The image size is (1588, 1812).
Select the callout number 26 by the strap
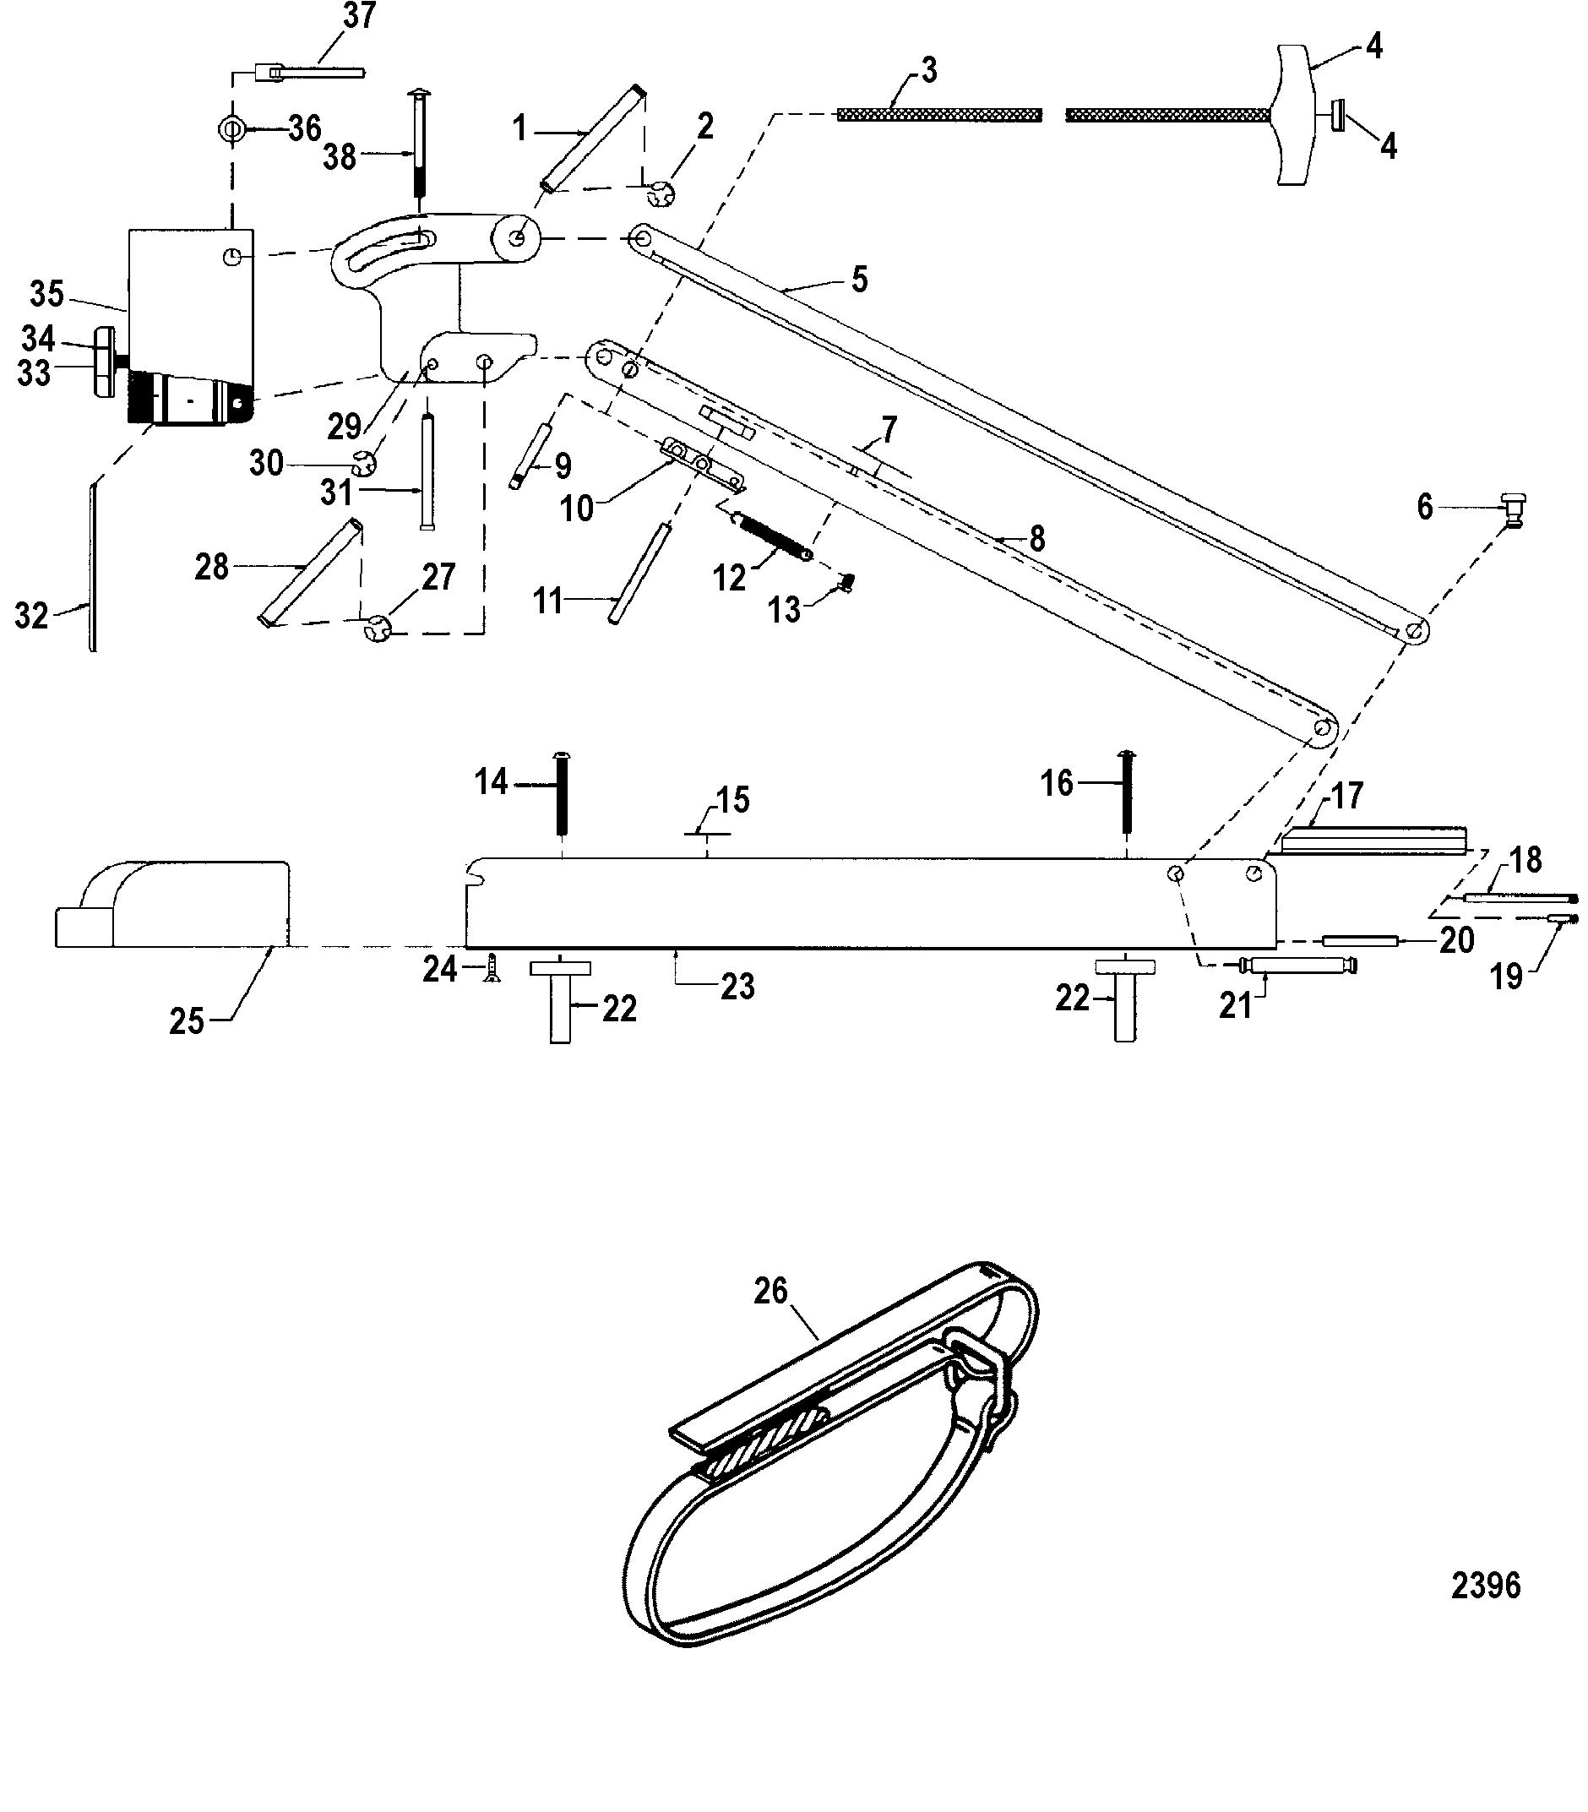[x=770, y=1291]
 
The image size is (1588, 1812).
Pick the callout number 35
[x=47, y=294]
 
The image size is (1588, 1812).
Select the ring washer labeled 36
[x=230, y=129]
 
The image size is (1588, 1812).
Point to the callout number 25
[x=187, y=1021]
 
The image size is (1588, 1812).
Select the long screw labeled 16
[x=1126, y=792]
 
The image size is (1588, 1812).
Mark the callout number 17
[x=1347, y=796]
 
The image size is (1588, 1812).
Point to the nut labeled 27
[x=378, y=628]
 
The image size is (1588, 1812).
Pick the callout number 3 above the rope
[x=928, y=70]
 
